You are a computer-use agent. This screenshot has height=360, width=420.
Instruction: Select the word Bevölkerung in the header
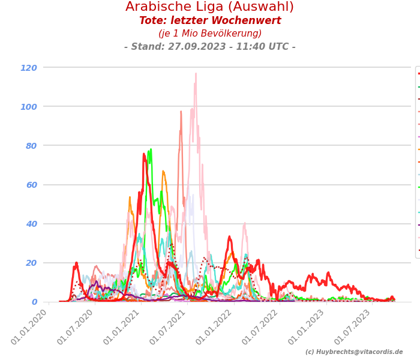[230, 34]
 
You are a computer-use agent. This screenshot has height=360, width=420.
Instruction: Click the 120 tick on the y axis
[29, 68]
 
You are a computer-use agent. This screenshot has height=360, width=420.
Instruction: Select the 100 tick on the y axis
[29, 107]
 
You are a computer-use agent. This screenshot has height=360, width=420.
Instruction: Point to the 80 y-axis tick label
[31, 146]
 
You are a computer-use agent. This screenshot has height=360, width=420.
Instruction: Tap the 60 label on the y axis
[31, 185]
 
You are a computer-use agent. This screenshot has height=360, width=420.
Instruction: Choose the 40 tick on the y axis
[31, 224]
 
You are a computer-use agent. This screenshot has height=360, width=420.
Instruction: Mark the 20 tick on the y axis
[31, 263]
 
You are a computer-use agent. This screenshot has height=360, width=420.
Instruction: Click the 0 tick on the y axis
[34, 302]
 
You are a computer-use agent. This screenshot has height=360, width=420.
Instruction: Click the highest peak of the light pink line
[196, 74]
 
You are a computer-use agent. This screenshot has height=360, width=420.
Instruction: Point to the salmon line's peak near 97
[181, 111]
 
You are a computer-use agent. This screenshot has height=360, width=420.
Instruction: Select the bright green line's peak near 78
[151, 149]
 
